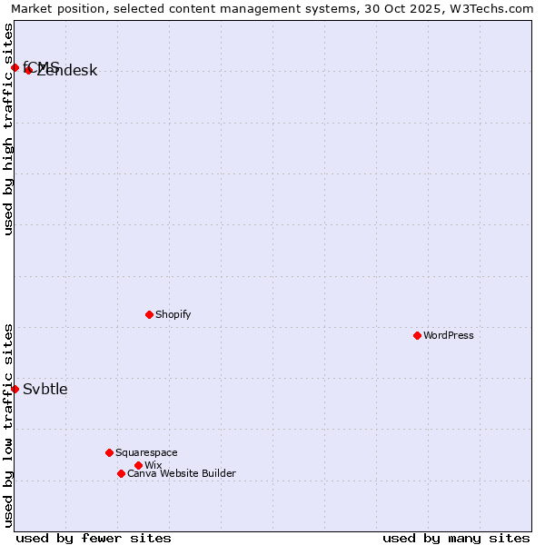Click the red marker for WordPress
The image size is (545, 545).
click(x=417, y=335)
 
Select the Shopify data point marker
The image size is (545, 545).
click(x=149, y=314)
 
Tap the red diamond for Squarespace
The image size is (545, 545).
click(x=109, y=452)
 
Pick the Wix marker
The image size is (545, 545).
click(x=138, y=465)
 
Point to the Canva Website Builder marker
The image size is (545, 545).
click(x=121, y=473)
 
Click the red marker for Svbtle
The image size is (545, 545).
click(x=15, y=389)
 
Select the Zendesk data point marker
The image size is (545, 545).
click(x=28, y=70)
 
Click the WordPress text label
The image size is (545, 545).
click(x=449, y=335)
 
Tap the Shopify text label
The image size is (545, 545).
click(x=173, y=314)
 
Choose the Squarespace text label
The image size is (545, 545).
click(x=146, y=452)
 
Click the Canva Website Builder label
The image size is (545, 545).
click(x=182, y=473)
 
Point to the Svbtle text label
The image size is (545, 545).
click(x=45, y=390)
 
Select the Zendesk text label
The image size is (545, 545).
click(x=67, y=71)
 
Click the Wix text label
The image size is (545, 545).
click(x=153, y=465)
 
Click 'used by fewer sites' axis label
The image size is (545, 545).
click(x=94, y=538)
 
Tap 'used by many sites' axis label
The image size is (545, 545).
click(x=456, y=538)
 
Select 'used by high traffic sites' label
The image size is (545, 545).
click(x=8, y=129)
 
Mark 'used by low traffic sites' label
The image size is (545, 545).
click(x=8, y=425)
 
